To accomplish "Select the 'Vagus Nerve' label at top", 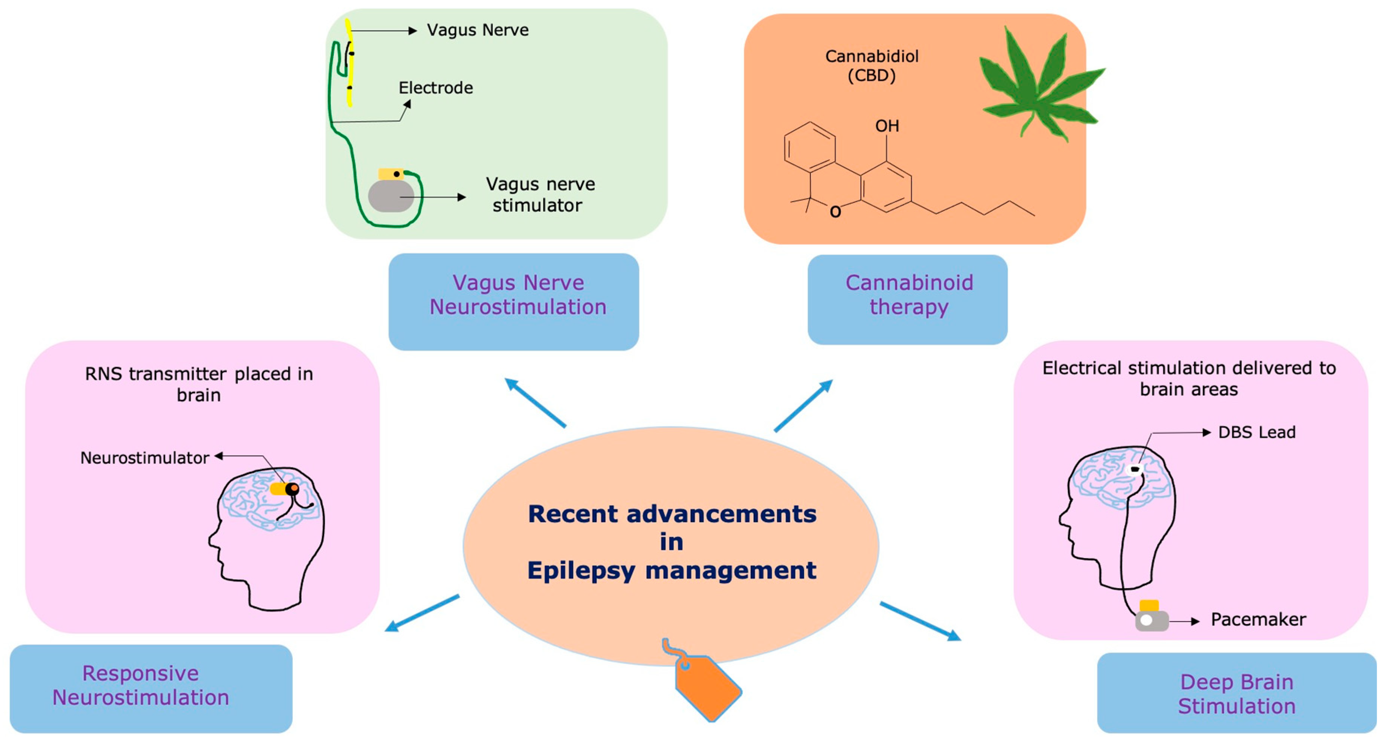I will pyautogui.click(x=478, y=30).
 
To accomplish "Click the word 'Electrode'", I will pyautogui.click(x=436, y=88).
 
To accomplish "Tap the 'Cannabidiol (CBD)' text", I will pyautogui.click(x=871, y=66).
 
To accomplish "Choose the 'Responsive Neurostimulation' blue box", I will pyautogui.click(x=151, y=688).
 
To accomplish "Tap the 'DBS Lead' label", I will pyautogui.click(x=1256, y=432).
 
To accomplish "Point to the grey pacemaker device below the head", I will pyautogui.click(x=1151, y=620).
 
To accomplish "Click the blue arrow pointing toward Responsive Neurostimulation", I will pyautogui.click(x=422, y=613).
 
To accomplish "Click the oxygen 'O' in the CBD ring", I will pyautogui.click(x=835, y=212).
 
